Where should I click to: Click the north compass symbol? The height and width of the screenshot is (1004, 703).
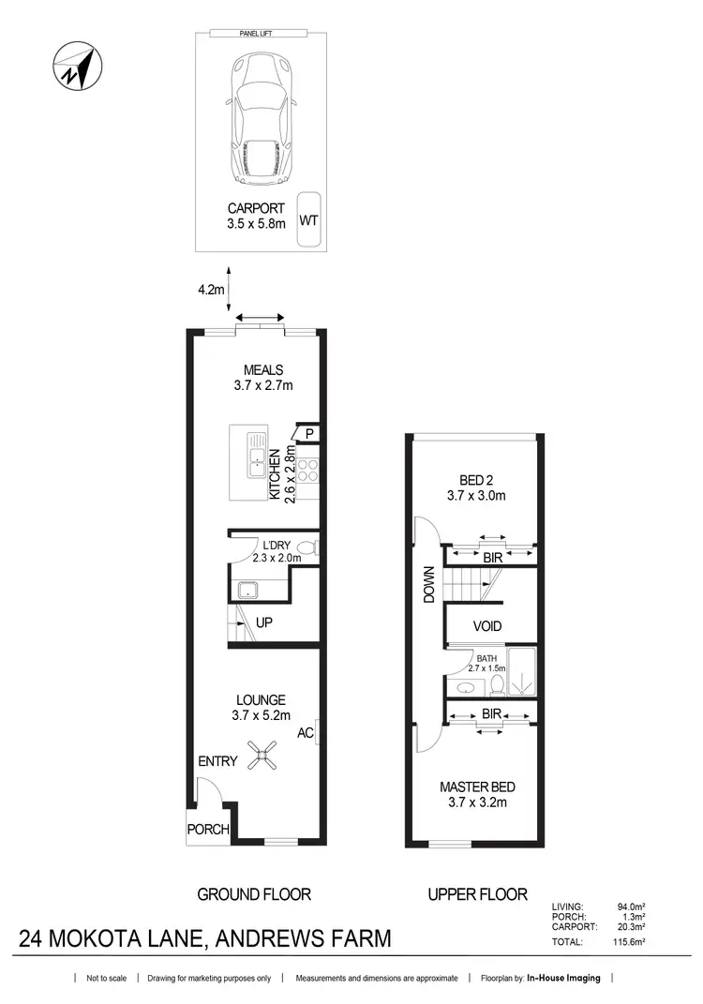pos(76,67)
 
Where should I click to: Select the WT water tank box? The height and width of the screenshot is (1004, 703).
pos(307,220)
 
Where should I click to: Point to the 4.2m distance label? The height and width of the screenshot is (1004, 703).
pos(211,290)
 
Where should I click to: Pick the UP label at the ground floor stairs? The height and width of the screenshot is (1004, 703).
pos(264,622)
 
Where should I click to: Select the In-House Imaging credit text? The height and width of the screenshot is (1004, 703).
pos(563,979)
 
